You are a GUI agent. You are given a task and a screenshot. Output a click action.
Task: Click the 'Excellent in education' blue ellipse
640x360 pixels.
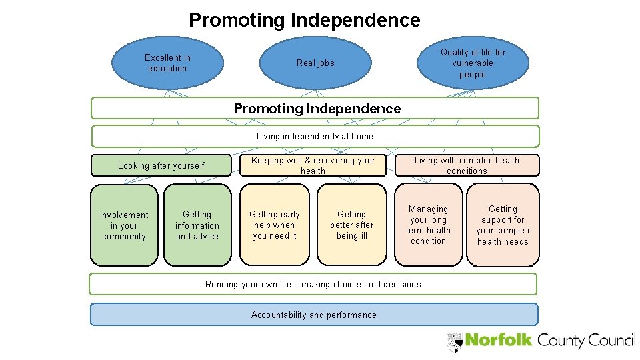point(167,63)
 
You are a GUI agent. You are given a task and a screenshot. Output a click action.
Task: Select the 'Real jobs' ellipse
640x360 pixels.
point(315,63)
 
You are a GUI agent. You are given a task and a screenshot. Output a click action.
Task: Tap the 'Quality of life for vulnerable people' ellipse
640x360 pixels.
point(473,63)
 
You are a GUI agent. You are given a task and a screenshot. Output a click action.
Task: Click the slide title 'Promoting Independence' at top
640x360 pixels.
point(304,20)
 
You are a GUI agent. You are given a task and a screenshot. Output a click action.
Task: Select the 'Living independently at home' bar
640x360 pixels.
point(315,136)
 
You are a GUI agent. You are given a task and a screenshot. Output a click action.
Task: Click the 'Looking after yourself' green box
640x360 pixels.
point(161,165)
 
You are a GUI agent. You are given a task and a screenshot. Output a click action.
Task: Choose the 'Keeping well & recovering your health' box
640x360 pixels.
point(313,165)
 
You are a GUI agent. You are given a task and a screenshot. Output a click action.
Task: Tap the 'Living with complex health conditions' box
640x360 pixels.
point(467,165)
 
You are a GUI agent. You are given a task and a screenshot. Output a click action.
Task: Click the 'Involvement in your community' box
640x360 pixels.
point(125,225)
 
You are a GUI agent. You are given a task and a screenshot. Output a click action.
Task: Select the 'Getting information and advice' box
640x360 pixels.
point(197,225)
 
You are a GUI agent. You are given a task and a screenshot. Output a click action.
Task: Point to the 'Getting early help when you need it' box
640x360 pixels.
point(275,225)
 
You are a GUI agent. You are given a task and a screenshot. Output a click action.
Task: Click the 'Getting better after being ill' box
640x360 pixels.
point(351,225)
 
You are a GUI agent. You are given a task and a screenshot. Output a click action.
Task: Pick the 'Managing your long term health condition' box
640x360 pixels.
point(428,225)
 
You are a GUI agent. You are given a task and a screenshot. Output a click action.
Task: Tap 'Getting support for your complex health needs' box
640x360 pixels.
point(503,225)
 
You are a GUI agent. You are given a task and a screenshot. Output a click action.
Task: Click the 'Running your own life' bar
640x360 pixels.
point(313,284)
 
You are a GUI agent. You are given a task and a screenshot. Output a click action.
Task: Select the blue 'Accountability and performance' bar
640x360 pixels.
point(313,315)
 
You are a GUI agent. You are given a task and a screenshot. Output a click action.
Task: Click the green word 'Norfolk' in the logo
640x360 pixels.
point(499,340)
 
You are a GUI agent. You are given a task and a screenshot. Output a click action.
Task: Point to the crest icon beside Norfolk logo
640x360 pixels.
point(455,342)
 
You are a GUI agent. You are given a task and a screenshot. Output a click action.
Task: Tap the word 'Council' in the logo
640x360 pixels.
point(611,340)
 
